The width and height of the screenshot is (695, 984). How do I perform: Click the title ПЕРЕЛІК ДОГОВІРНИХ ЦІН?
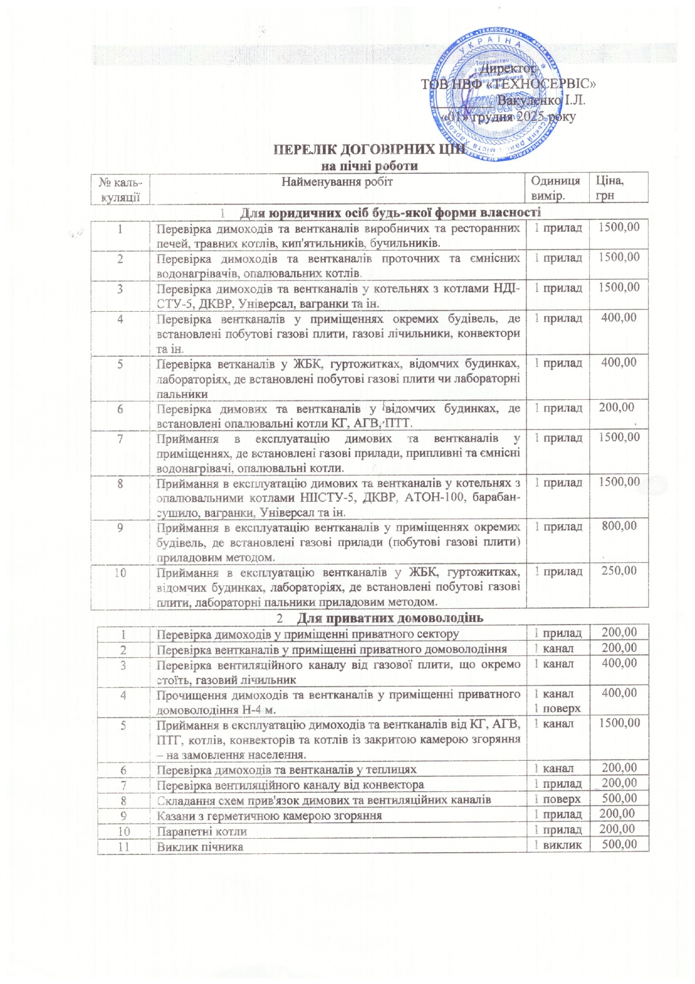coord(368,150)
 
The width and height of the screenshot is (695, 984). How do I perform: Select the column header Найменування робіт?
coord(337,182)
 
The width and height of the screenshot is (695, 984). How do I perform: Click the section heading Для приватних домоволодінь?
coord(389,618)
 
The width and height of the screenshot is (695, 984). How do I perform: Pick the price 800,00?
coord(619,526)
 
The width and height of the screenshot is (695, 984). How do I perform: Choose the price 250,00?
coord(619,571)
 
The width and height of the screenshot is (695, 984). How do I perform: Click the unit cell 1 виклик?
coord(558,845)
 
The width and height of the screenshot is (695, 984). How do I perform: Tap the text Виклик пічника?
coord(200,846)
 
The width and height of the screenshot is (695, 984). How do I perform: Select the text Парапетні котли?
coord(202,831)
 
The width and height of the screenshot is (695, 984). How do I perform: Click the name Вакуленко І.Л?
coord(541,101)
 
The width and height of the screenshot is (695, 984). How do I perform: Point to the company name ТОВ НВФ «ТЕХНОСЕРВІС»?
coord(508,84)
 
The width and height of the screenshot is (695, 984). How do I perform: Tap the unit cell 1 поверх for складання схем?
coord(558,799)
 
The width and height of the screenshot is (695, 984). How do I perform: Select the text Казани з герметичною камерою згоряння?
coord(269,815)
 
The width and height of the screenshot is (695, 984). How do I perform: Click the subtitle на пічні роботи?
coord(369,166)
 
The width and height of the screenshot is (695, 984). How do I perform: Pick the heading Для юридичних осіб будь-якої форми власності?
coord(390,212)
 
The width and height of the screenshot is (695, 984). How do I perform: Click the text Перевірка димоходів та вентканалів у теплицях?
coord(286,769)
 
